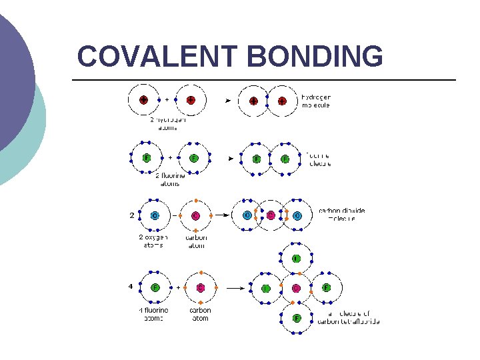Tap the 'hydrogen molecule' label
pyautogui.click(x=316, y=101)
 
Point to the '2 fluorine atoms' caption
pyautogui.click(x=170, y=180)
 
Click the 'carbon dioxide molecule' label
pyautogui.click(x=341, y=215)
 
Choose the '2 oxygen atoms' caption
pyautogui.click(x=153, y=241)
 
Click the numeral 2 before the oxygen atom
pyautogui.click(x=132, y=215)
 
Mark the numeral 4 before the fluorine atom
pyautogui.click(x=132, y=287)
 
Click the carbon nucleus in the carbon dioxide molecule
pyautogui.click(x=271, y=215)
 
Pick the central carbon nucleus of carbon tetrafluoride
pyautogui.click(x=296, y=289)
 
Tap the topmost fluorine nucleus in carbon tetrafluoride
pyautogui.click(x=296, y=259)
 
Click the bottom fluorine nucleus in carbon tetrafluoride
pyautogui.click(x=296, y=318)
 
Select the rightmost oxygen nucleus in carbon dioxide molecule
pyautogui.click(x=297, y=215)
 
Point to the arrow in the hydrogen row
pyautogui.click(x=228, y=101)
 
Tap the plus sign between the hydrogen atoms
pyautogui.click(x=167, y=100)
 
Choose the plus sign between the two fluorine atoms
pyautogui.click(x=170, y=158)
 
